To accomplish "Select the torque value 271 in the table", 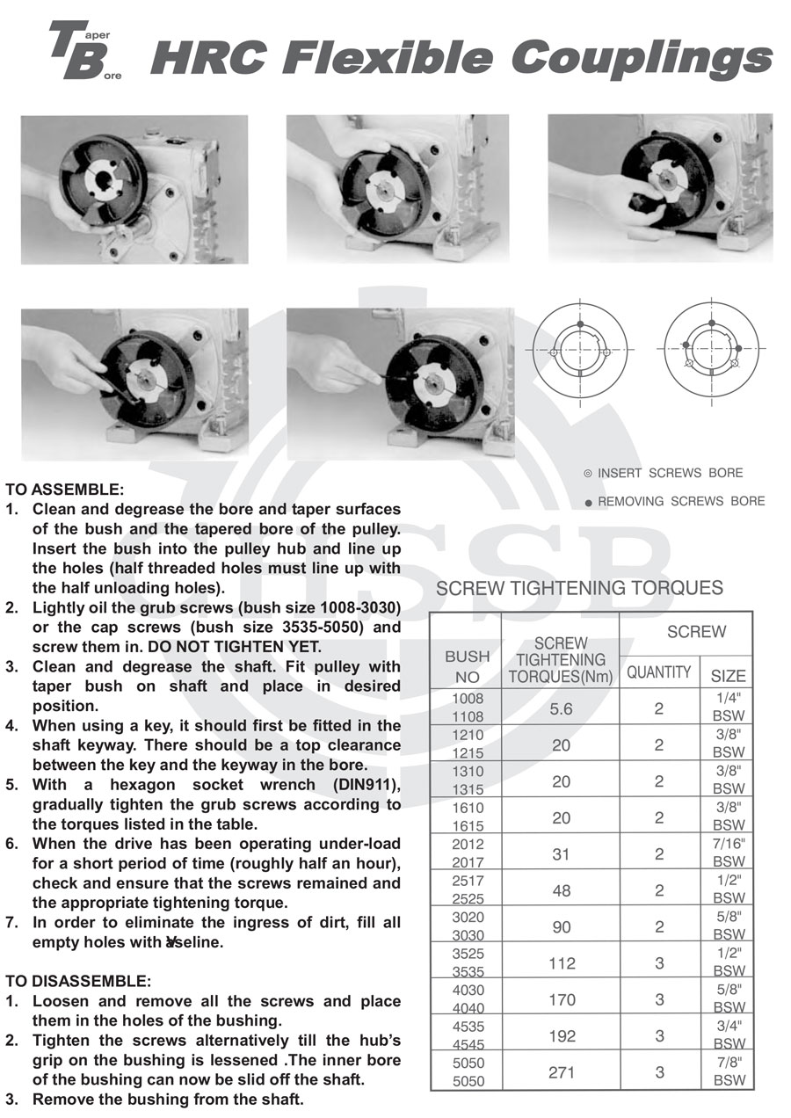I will point(561,1072).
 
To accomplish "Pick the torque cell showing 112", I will point(561,963).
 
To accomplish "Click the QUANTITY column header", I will point(658,673).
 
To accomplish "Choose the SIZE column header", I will point(728,676).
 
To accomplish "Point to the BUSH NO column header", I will point(467,667).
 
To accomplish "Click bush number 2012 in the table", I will point(467,845).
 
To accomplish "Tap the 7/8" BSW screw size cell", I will point(729,1071).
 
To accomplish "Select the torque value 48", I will point(561,890).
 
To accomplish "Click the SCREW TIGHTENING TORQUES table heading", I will point(579,588).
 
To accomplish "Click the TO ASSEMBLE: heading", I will point(65,490).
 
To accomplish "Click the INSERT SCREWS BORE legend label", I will point(670,473).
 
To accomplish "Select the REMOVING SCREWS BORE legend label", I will point(680,501).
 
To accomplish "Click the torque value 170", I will point(561,999).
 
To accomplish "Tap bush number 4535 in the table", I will point(467,1027).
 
